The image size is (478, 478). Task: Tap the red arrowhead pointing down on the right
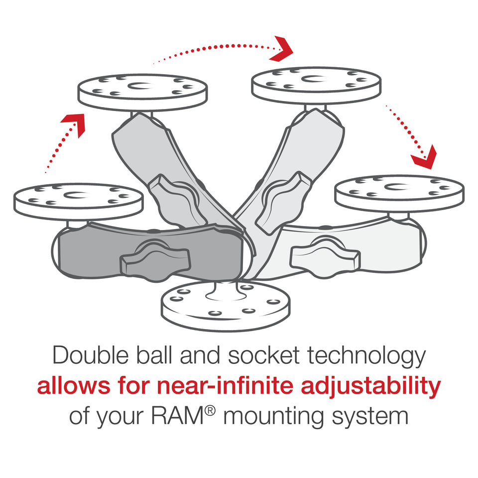424,157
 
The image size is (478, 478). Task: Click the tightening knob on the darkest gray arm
156,258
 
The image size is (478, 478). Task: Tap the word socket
259,357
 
